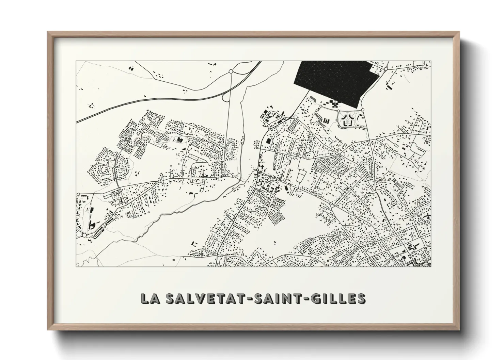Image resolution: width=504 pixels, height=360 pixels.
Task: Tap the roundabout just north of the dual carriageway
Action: [x=231, y=71]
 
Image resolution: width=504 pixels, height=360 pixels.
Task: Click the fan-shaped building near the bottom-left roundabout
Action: [x=92, y=225]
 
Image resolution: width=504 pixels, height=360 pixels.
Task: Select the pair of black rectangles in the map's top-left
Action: [x=131, y=68]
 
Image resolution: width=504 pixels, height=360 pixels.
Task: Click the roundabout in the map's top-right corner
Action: [x=385, y=69]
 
